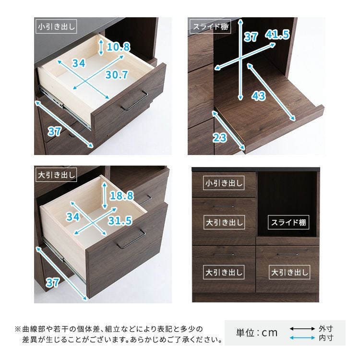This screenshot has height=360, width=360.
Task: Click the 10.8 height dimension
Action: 119,47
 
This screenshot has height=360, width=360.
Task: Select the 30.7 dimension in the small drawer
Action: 117,74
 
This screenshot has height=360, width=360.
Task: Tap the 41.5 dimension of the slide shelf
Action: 277,35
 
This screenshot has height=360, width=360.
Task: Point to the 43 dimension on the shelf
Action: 259,96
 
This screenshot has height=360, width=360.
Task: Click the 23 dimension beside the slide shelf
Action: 220,138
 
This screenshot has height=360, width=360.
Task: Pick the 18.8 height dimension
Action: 121,196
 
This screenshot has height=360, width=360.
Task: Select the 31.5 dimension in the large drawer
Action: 120,221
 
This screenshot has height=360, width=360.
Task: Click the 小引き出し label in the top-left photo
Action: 56,26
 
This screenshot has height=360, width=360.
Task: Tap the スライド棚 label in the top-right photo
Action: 210,26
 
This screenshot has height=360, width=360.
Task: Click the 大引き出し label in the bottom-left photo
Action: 56,175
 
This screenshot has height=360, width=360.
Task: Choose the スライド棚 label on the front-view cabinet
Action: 288,222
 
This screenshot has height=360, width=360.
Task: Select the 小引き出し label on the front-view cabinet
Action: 224,183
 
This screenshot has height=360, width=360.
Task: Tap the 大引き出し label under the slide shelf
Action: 289,272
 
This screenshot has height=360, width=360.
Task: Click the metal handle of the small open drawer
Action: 134,100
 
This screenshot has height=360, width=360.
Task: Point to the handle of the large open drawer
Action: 131,239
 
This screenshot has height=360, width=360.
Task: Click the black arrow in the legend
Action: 302,328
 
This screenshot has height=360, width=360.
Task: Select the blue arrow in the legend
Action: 302,338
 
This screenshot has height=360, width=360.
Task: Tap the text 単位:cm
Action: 257,333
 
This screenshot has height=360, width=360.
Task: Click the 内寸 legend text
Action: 326,338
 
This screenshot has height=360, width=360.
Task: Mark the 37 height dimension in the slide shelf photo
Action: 251,37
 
